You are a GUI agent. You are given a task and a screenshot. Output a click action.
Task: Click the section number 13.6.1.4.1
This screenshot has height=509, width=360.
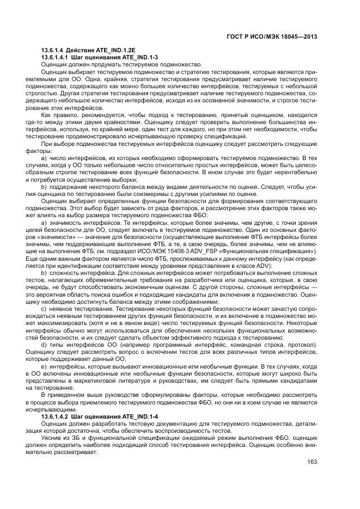(59, 57)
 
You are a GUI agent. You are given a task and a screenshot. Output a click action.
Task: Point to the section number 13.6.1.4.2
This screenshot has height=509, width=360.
(59, 416)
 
